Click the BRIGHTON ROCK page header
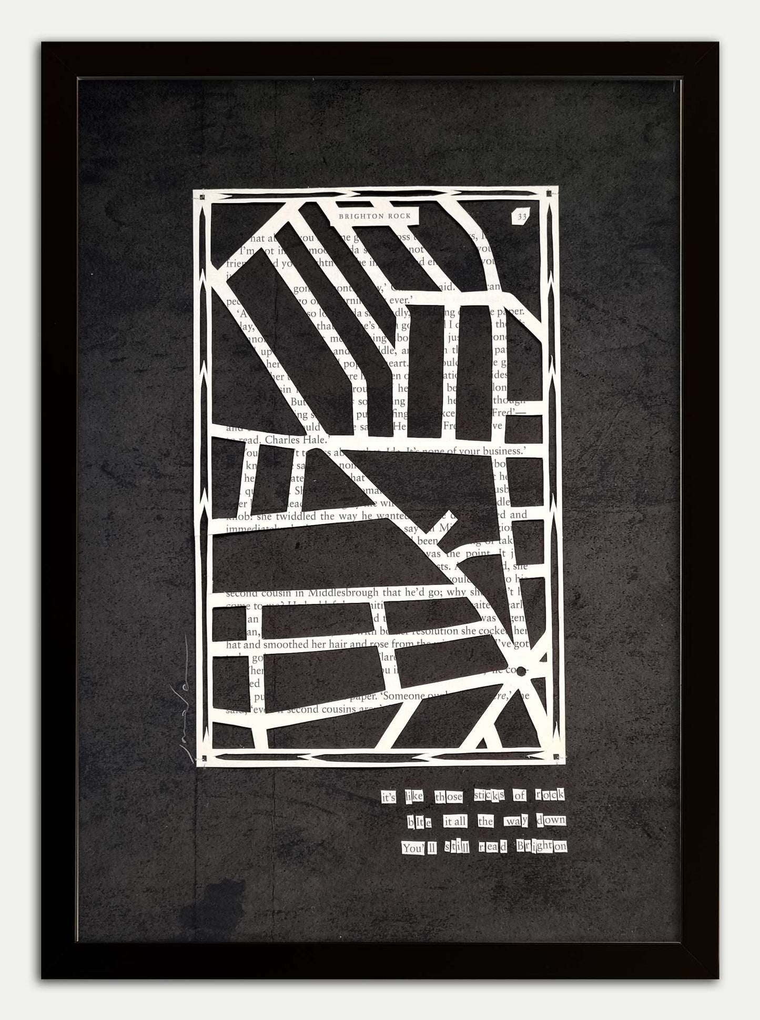click(x=375, y=216)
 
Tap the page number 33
click(x=521, y=216)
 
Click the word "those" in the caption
click(x=448, y=812)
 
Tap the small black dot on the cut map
click(x=521, y=671)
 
